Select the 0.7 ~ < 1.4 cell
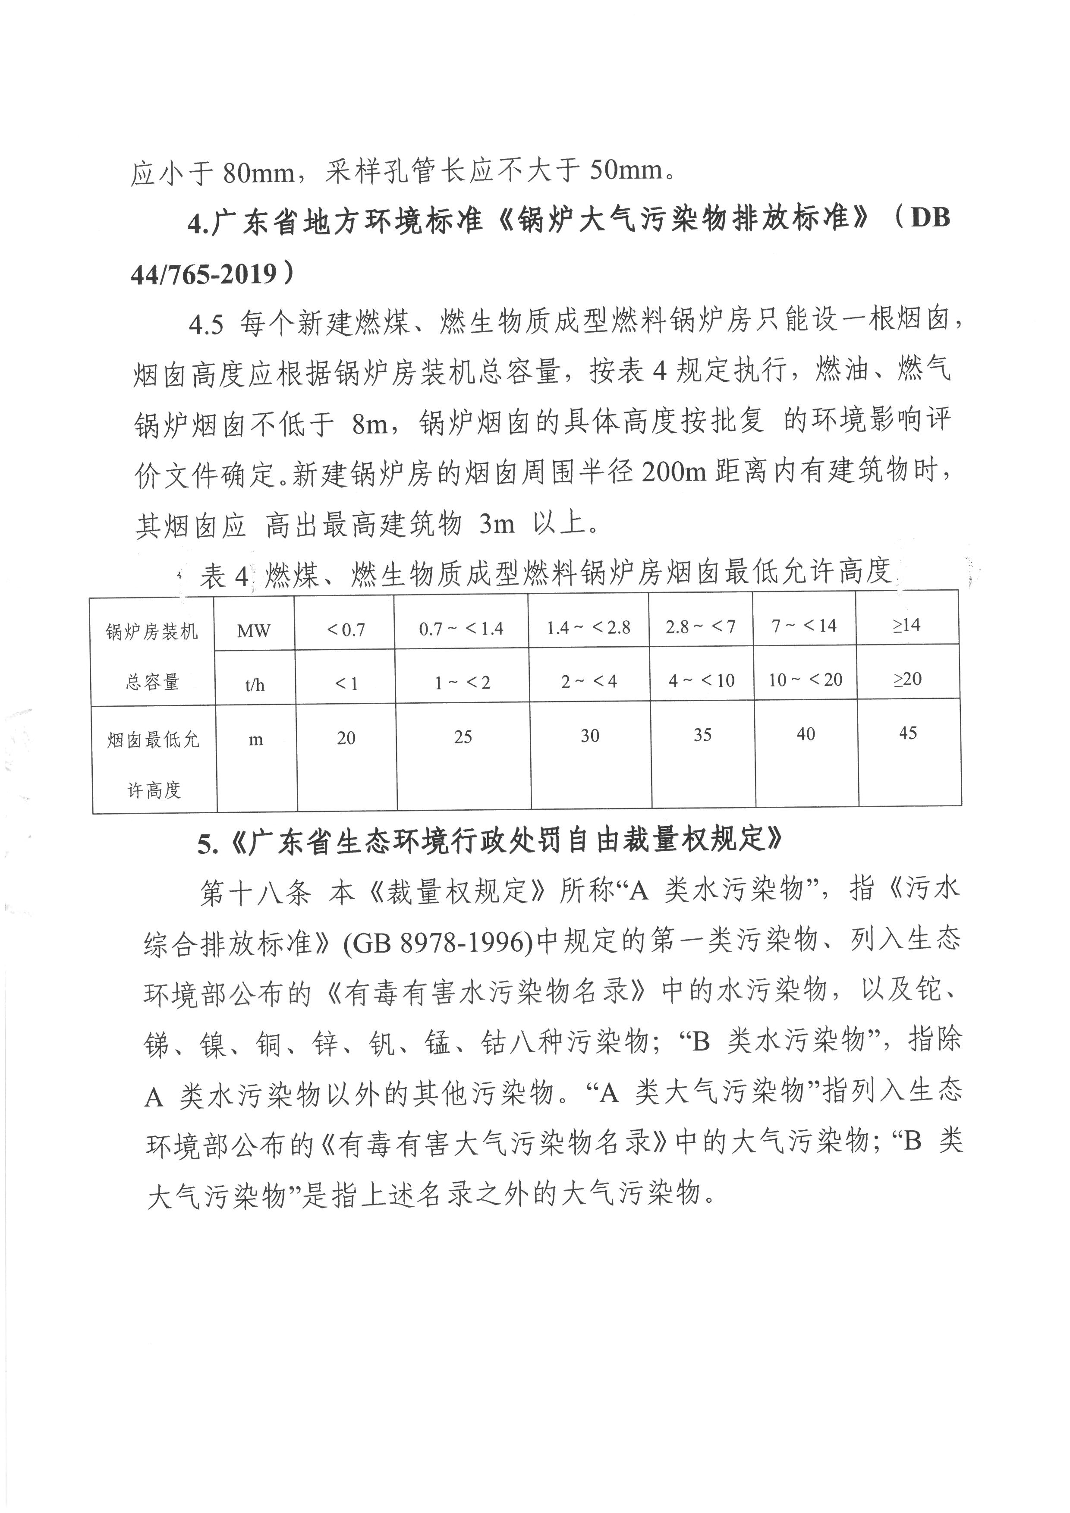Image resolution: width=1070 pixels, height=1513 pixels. (461, 629)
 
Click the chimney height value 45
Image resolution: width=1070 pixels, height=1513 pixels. (908, 733)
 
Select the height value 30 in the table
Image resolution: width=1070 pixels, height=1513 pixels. (590, 736)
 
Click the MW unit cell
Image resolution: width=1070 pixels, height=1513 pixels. (254, 631)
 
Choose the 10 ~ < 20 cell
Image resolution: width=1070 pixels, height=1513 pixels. (805, 680)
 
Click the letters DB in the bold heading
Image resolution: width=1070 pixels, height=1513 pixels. (930, 217)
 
